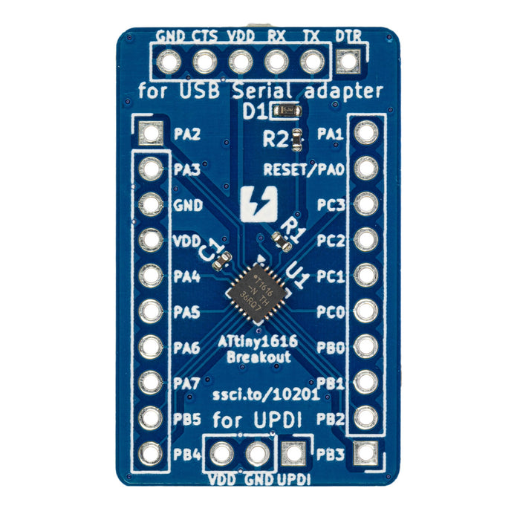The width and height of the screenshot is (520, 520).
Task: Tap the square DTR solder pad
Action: pos(347,62)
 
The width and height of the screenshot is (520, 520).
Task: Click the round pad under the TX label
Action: pos(312,62)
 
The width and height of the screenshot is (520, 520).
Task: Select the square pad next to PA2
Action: pos(151,134)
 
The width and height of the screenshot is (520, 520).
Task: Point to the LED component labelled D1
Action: pos(286,112)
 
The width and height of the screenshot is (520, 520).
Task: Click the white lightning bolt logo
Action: pos(259,204)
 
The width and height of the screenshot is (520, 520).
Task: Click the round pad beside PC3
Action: pos(365,204)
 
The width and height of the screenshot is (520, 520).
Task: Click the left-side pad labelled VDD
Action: pos(151,240)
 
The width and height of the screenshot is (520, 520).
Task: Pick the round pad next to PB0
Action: pos(365,346)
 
